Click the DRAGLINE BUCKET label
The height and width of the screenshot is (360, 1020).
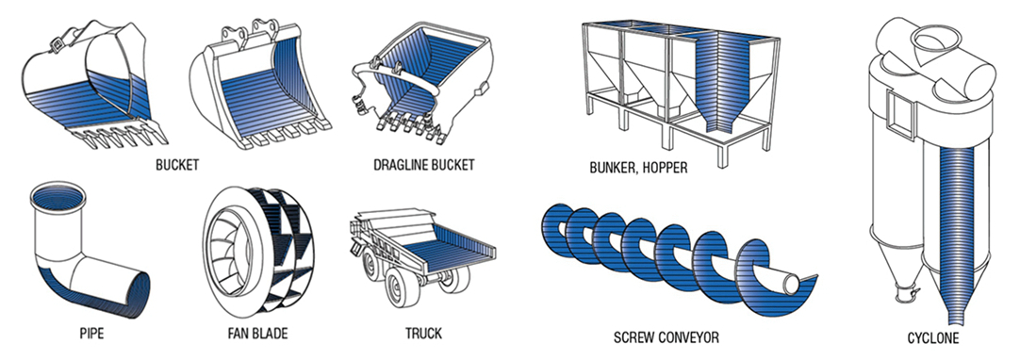point(423,164)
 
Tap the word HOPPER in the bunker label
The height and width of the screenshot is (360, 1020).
point(664,168)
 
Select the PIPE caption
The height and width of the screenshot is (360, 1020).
point(91,334)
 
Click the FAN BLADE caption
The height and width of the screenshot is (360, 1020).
point(257,334)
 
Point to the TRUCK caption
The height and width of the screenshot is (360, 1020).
point(423,334)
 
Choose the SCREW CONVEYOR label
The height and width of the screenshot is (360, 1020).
point(666,337)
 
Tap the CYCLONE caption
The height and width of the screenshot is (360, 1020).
point(933,338)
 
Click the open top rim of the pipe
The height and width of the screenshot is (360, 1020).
point(58,196)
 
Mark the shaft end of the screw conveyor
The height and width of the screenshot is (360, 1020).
point(792,284)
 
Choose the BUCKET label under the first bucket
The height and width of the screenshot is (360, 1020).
point(177,165)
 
